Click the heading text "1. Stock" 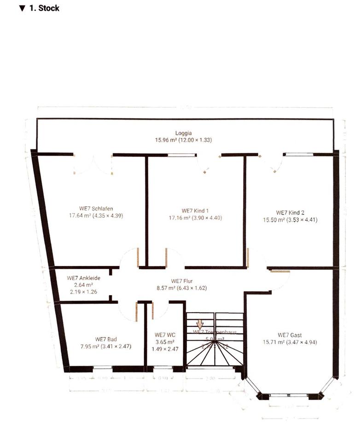click(44, 8)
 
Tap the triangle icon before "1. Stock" click(22, 8)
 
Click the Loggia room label click(183, 133)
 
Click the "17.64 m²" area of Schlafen click(80, 215)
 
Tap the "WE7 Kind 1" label click(195, 210)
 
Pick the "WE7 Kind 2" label click(290, 213)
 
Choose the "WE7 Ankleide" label click(83, 278)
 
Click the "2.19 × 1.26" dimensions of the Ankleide click(83, 292)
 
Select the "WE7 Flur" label click(182, 281)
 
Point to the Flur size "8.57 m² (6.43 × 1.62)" click(182, 288)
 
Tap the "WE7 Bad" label click(106, 339)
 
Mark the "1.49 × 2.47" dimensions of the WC click(164, 349)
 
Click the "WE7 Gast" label click(290, 335)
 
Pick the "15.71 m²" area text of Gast click(273, 342)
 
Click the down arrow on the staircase click(200, 324)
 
